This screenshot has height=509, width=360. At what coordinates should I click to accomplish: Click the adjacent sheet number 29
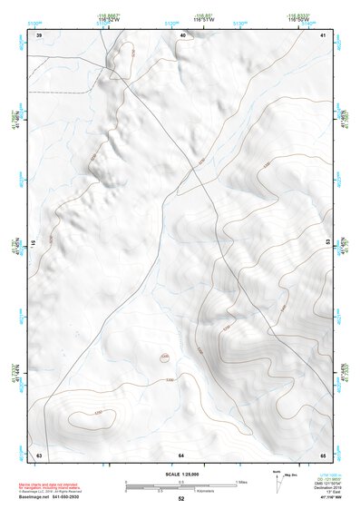(39, 35)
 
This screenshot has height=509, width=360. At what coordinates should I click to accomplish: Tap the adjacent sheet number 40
(182, 35)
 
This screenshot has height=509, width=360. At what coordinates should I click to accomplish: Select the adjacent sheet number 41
(324, 35)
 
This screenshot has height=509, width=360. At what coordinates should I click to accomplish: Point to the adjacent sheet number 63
(39, 454)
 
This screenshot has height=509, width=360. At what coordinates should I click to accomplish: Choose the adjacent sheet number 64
(181, 454)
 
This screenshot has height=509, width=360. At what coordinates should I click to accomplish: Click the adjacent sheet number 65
(324, 454)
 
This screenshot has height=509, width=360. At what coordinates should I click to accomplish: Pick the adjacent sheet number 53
(328, 243)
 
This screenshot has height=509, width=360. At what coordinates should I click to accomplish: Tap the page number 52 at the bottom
(181, 499)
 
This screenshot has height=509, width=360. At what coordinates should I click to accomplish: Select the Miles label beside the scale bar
(241, 482)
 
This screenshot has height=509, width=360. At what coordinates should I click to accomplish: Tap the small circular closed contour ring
(164, 357)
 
